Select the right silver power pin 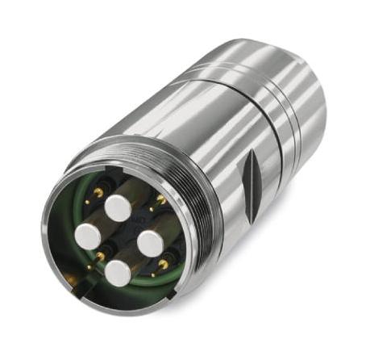point(152,242)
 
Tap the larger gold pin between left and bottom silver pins point(100,257)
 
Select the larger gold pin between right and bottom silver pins point(164,263)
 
